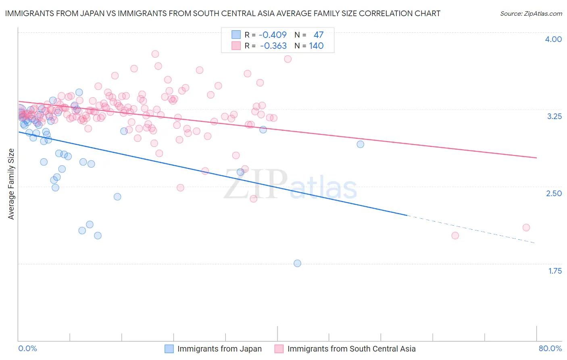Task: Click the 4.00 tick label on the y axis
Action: [553, 39]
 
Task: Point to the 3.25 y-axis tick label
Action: [554, 116]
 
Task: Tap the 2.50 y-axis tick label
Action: [554, 193]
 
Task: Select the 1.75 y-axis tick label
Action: [555, 271]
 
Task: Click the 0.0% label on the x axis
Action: [28, 348]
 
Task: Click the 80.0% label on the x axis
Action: [550, 348]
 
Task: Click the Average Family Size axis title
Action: [11, 184]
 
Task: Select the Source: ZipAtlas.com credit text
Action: [531, 13]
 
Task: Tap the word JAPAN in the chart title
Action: [85, 13]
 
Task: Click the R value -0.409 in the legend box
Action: [273, 35]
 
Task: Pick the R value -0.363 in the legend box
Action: [273, 46]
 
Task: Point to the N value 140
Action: [316, 46]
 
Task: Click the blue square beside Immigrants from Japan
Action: [169, 349]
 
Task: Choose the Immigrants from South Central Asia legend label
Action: [351, 349]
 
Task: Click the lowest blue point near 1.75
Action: [297, 263]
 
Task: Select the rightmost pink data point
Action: [526, 228]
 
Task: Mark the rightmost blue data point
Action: [360, 144]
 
